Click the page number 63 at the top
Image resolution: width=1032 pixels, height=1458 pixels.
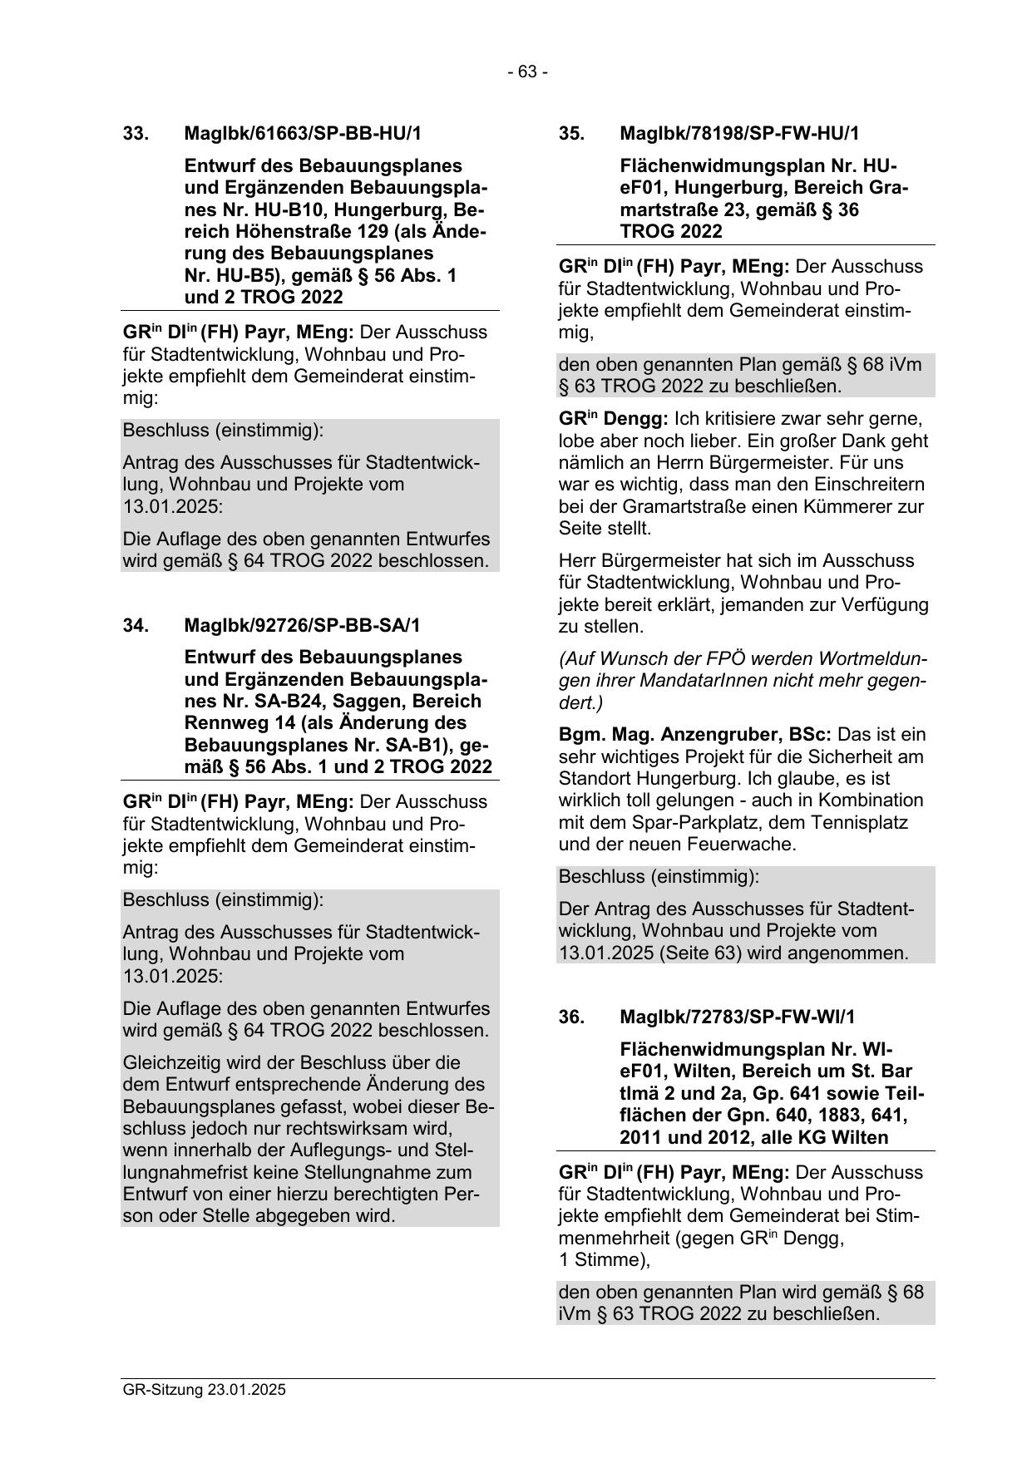pos(527,72)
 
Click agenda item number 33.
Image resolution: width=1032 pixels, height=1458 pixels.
pos(136,134)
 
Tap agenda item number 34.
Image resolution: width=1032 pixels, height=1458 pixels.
pos(136,625)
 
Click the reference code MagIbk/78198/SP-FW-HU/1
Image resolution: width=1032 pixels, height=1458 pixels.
pos(739,134)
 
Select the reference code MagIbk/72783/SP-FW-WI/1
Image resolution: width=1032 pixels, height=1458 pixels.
pos(737,1017)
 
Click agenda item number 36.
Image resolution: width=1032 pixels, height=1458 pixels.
pos(571,1017)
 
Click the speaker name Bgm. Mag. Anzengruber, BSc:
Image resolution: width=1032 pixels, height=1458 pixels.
pos(695,736)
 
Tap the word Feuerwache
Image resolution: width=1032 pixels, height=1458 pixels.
pos(751,845)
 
